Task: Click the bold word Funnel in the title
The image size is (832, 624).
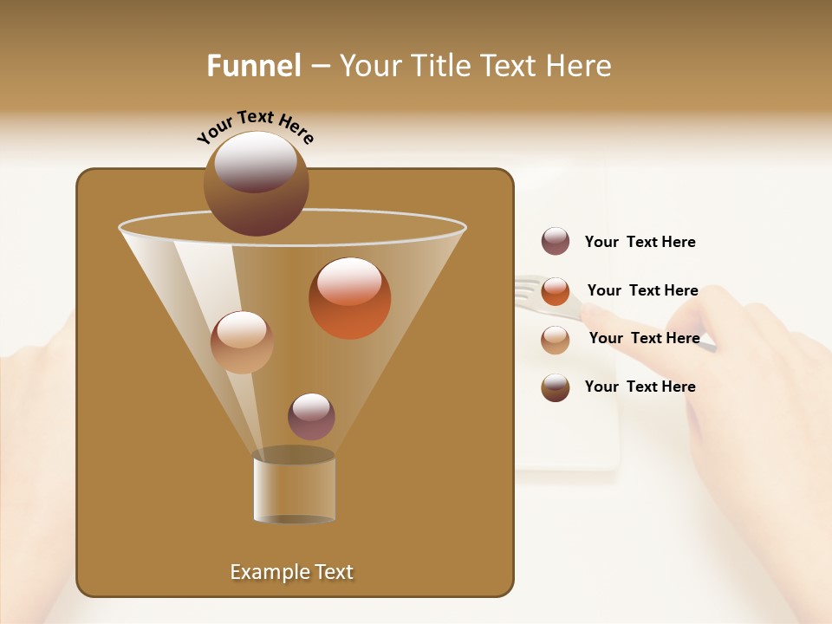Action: pyautogui.click(x=254, y=66)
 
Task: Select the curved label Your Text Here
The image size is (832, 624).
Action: pyautogui.click(x=256, y=127)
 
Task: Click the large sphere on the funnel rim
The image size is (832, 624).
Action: pyautogui.click(x=256, y=183)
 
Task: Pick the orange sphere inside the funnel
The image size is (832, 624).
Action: pyautogui.click(x=349, y=298)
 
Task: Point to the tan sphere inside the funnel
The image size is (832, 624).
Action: pyautogui.click(x=242, y=342)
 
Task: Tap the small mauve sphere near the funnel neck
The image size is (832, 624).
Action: pyautogui.click(x=311, y=416)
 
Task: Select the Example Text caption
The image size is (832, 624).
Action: pyautogui.click(x=291, y=572)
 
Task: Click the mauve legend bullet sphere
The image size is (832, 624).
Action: pyautogui.click(x=556, y=242)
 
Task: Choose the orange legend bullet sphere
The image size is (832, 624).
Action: pyautogui.click(x=556, y=291)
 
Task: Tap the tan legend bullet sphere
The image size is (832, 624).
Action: pyautogui.click(x=556, y=339)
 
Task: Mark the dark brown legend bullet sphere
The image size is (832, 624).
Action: pyautogui.click(x=556, y=387)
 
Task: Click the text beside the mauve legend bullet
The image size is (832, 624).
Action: pyautogui.click(x=640, y=243)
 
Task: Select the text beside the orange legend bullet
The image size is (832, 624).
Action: pyautogui.click(x=642, y=290)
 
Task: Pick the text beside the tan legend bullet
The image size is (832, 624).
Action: pyautogui.click(x=644, y=338)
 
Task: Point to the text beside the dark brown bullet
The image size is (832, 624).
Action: pyautogui.click(x=640, y=387)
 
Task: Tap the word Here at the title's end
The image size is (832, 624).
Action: pyautogui.click(x=579, y=66)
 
